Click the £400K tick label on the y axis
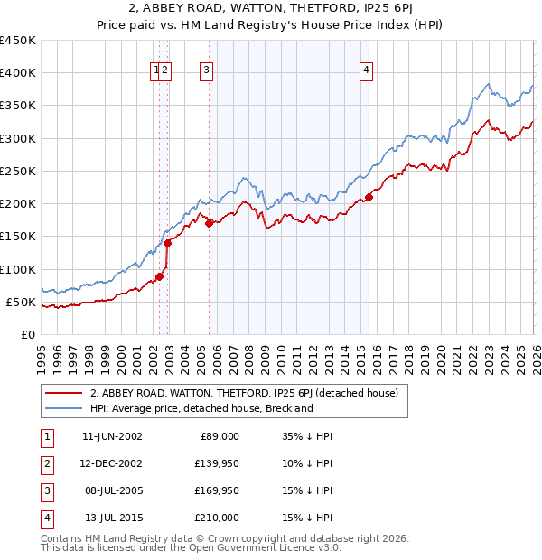coord(18,73)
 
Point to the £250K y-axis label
coord(18,171)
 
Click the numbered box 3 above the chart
coord(207,72)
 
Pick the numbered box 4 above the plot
coord(366,72)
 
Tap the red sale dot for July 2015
coord(369,198)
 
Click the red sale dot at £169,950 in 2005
coord(209,223)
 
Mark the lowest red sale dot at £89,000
coord(159,276)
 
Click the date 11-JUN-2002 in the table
coord(111,435)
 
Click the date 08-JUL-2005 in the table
coord(111,490)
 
